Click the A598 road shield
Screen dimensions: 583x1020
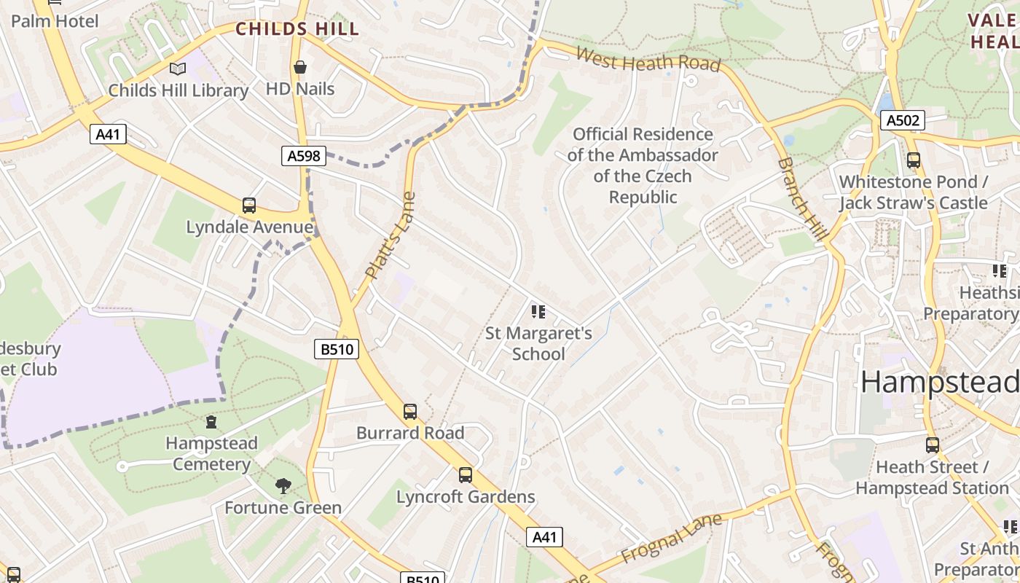(302, 155)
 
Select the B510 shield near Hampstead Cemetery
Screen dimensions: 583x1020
(337, 349)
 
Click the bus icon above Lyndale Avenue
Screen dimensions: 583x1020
(249, 206)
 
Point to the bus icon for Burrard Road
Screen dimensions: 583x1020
(410, 412)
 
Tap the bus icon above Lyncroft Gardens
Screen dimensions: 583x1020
(466, 475)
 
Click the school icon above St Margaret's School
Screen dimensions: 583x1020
(538, 313)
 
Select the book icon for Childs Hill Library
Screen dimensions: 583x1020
(178, 69)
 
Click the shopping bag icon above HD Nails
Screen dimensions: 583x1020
(300, 68)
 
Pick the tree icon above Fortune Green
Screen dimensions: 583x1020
(283, 486)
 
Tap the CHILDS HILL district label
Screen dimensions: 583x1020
(297, 29)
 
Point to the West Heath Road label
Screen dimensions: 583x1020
(648, 59)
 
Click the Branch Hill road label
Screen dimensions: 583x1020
(803, 198)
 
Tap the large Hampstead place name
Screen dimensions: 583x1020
(939, 382)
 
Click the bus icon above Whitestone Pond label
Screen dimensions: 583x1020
(913, 160)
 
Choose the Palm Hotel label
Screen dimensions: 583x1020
(54, 21)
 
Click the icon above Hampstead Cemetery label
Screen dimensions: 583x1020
(211, 422)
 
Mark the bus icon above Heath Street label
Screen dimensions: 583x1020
(933, 445)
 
